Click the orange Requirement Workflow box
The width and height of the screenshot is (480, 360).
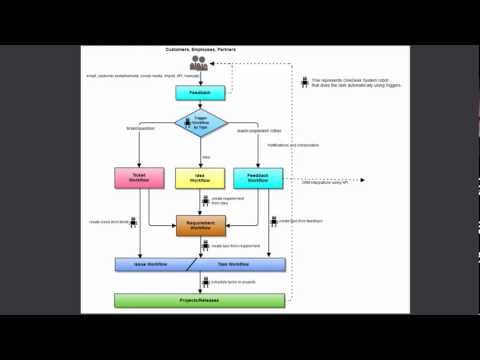[x=203, y=226]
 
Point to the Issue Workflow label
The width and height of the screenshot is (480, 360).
[x=150, y=265]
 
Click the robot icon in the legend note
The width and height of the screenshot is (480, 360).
[x=304, y=82]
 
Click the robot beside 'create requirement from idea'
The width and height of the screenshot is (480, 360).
[x=204, y=200]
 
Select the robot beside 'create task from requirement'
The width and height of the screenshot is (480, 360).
[x=204, y=245]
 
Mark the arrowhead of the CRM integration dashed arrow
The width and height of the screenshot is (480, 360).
[x=366, y=180]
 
